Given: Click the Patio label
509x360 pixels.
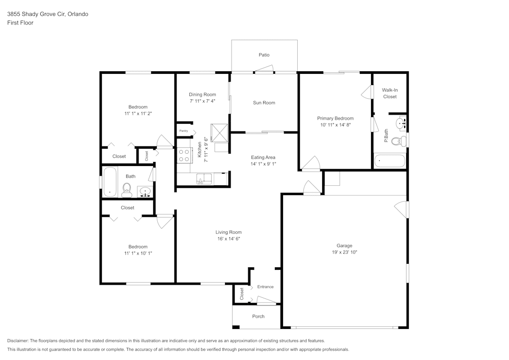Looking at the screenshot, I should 264,54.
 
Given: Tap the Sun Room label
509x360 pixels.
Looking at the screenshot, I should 264,103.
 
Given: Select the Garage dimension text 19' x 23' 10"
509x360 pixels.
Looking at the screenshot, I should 344,252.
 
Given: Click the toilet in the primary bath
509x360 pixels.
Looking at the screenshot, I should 402,141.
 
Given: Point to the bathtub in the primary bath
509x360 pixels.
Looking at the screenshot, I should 390,162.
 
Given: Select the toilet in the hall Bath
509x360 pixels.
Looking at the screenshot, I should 127,190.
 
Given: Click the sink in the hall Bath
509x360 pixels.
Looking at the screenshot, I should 146,192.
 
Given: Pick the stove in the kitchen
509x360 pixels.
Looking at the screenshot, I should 184,155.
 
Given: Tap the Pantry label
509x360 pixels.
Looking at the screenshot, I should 183,131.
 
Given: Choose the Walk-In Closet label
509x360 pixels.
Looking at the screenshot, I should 390,93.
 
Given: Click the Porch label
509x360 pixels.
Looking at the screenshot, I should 258,316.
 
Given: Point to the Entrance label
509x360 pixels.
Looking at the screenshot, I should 265,287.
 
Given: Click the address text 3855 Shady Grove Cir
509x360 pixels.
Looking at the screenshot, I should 47,14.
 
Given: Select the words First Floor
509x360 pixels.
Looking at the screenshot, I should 20,23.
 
